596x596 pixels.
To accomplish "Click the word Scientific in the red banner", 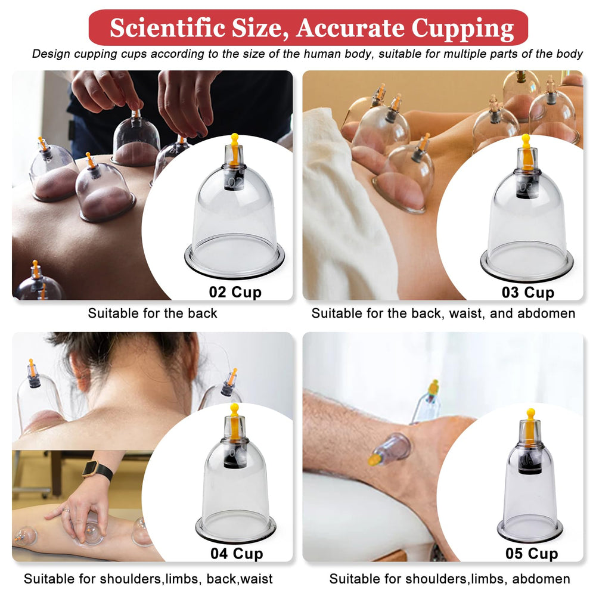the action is [x=167, y=28].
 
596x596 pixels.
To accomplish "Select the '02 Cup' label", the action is [x=235, y=292].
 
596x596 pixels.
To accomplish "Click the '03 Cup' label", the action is [x=528, y=292].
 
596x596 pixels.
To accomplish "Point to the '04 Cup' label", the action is [x=237, y=554].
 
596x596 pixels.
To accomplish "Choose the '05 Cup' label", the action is [x=532, y=554].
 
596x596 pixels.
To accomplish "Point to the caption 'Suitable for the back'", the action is [x=153, y=313].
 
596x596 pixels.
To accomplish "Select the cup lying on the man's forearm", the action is [x=390, y=450].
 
